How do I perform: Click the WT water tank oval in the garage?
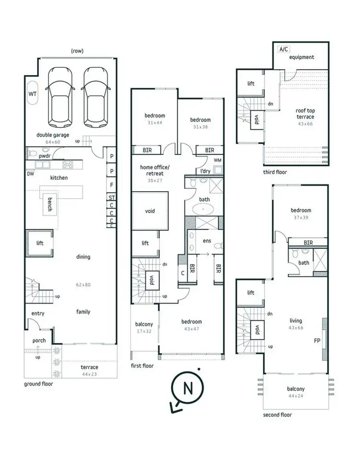33,94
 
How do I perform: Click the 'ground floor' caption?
39,384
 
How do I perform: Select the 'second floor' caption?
277,414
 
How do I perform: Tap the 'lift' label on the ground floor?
40,244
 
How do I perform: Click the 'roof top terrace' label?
305,113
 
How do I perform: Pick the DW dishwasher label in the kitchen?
31,174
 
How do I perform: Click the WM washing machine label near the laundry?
217,160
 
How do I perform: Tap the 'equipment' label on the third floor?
302,57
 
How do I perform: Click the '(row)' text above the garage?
77,50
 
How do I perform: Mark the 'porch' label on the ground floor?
39,341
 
